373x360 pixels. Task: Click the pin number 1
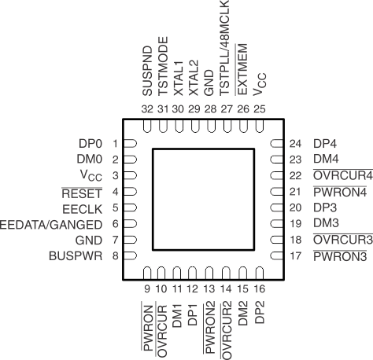click(115, 144)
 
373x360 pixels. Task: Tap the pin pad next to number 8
click(131, 255)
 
